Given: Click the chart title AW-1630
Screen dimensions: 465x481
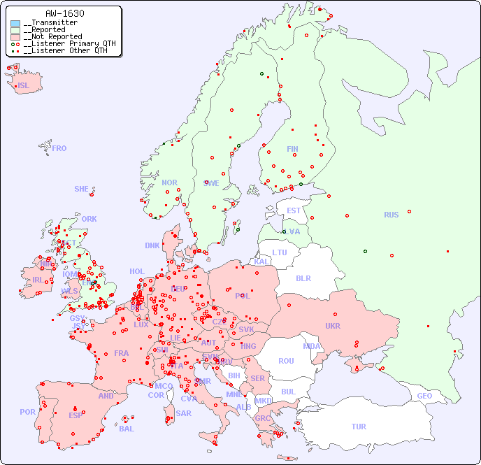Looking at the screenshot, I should tap(64, 13).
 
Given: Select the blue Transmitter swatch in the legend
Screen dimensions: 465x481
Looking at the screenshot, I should tap(15, 23).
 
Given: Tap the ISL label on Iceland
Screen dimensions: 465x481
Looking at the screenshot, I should tap(24, 86).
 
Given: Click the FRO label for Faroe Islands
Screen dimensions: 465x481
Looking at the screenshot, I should tap(59, 148).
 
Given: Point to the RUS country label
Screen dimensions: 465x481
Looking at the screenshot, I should tap(391, 215).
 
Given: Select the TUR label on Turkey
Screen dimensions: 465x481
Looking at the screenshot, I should tap(359, 427).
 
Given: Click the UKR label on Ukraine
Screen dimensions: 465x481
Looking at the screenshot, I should tap(333, 326).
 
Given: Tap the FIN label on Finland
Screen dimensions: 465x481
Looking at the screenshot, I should tap(292, 149).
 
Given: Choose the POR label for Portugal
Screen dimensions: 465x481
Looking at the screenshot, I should tap(27, 412).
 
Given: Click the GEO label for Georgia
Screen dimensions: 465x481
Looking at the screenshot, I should tap(424, 396).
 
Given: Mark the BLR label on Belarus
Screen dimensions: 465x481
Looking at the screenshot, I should tap(303, 278).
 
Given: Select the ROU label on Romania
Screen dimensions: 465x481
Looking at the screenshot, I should tap(286, 361).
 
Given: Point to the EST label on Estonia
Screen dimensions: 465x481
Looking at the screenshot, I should tap(294, 210).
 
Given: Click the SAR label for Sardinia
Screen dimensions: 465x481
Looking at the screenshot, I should tap(184, 413).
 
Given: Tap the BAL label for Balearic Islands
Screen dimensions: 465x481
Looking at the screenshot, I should tap(127, 429).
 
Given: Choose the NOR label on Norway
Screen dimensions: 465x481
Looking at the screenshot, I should tap(169, 183).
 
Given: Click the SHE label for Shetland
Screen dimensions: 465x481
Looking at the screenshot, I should tap(82, 189).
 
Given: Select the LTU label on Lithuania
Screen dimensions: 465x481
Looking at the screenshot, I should tap(280, 252).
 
